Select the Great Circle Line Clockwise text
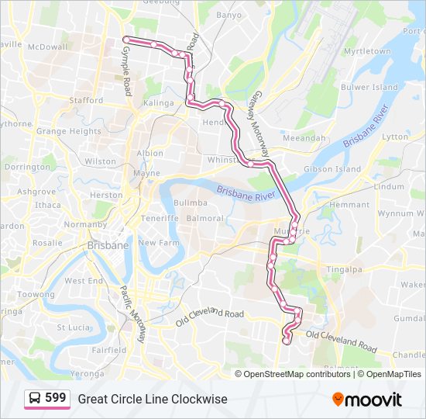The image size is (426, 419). [152, 399]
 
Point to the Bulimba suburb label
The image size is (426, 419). [190, 203]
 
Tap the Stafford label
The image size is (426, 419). [85, 100]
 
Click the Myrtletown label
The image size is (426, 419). [366, 51]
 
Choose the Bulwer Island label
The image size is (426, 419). [369, 88]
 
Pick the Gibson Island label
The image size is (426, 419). [332, 168]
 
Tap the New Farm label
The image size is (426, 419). [159, 243]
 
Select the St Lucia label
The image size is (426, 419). [74, 327]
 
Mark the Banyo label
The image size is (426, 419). [228, 15]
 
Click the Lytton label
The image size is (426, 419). [395, 137]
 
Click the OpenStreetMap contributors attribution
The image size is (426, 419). [297, 374]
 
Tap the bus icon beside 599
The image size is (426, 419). [35, 398]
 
